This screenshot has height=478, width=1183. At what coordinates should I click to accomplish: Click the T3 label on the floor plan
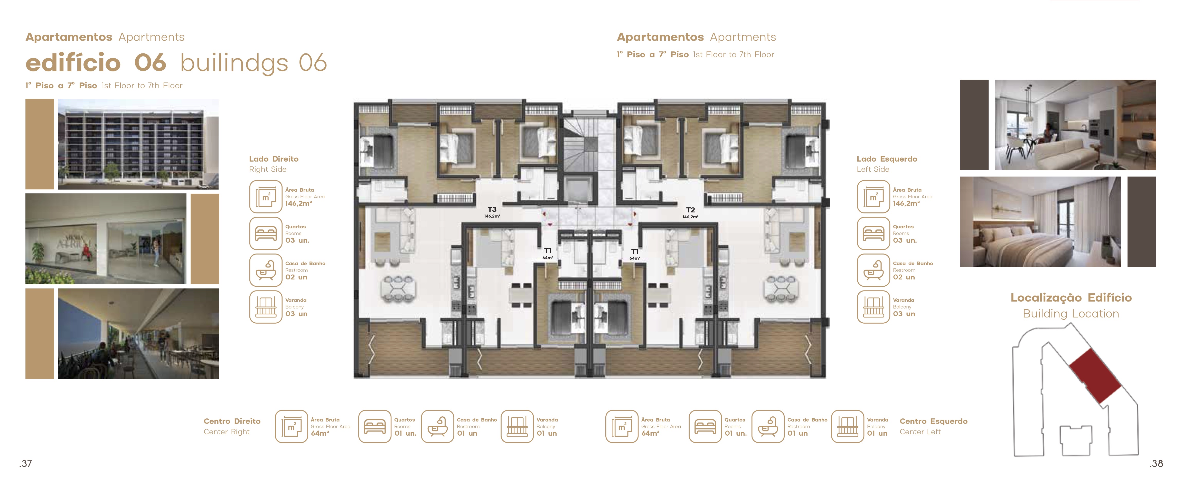pos(492,209)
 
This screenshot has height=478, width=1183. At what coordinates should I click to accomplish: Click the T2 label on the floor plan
pos(690,210)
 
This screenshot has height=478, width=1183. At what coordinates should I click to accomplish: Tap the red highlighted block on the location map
pos(1095,376)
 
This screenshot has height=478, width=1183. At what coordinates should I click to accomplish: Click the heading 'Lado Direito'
pos(274,159)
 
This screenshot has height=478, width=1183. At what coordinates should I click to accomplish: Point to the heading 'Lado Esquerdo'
pos(887,159)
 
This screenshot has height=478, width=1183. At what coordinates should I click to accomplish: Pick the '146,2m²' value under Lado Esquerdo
pos(906,203)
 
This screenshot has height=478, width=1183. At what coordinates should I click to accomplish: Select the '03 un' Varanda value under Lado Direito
pos(296,314)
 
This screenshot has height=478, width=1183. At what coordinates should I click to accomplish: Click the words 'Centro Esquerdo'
pos(933,421)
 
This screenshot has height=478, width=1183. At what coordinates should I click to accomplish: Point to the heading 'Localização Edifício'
pos(1071,297)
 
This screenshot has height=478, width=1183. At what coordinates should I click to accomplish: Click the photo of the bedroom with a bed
pos(1040,222)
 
